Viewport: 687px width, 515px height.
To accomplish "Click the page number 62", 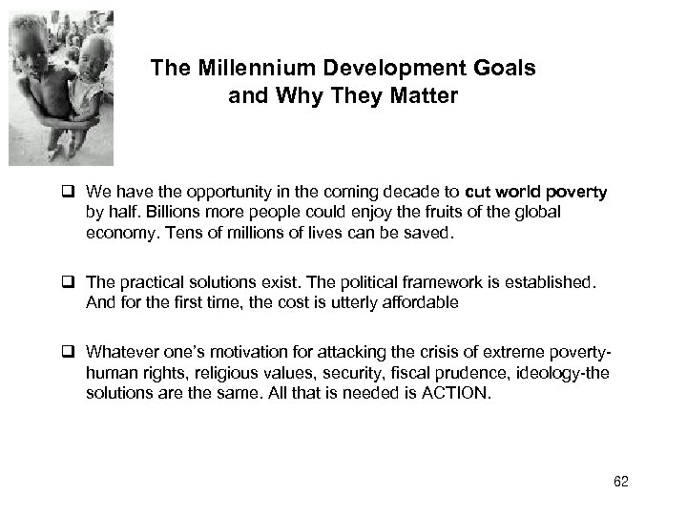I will point(621,483).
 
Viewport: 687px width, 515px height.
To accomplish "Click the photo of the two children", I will point(60,88).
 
